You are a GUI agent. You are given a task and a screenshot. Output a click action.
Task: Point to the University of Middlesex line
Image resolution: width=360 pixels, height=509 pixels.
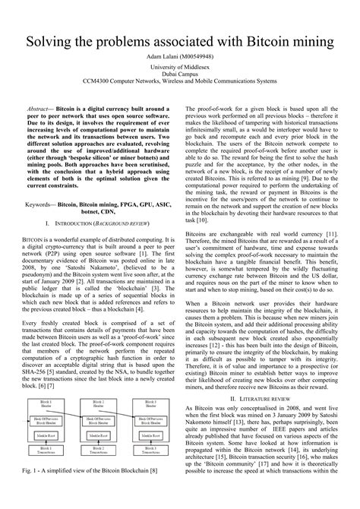tap(179, 68)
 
